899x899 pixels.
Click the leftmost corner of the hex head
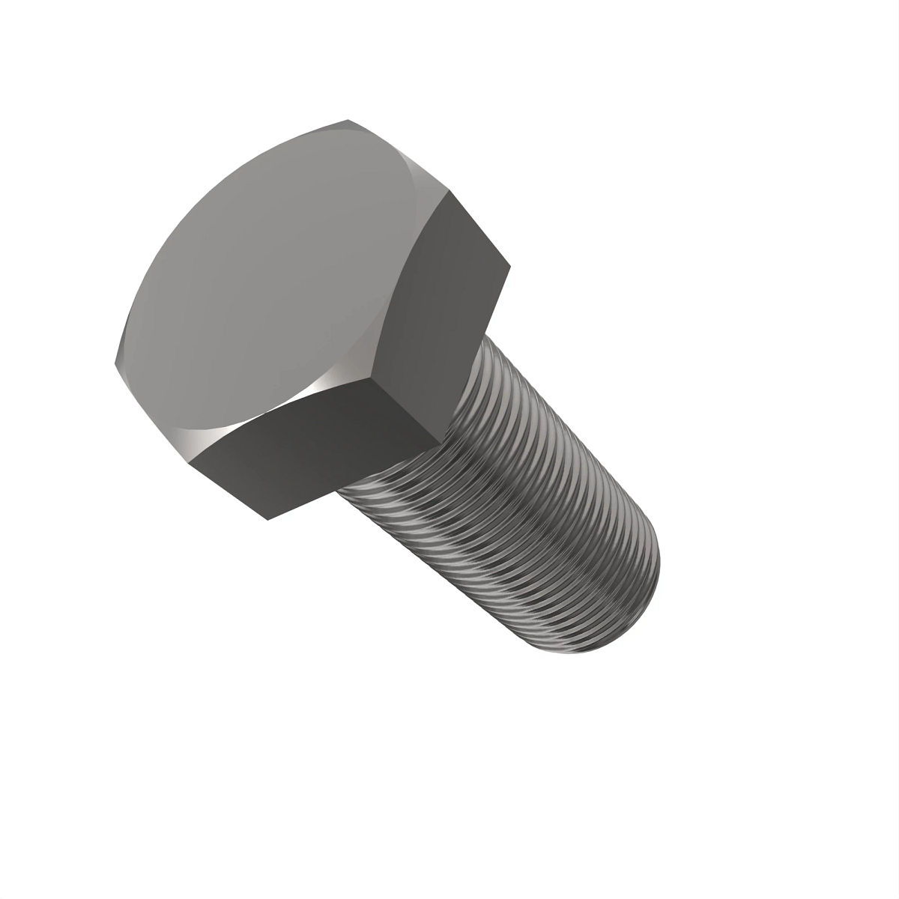point(115,364)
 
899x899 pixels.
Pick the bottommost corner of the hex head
point(264,518)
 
